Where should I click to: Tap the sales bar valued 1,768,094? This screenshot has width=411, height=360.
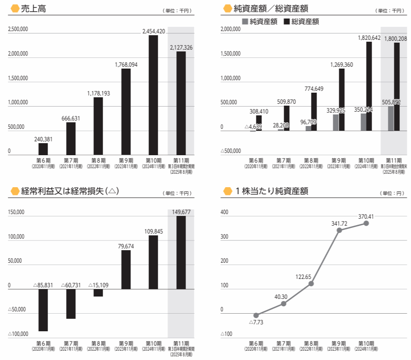point(126,112)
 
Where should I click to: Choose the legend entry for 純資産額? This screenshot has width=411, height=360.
point(259,21)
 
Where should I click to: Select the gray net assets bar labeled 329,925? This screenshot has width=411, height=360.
point(336,122)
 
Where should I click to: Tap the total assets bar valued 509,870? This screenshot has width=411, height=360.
point(286,118)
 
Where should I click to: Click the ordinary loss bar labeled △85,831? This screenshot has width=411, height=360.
point(43,310)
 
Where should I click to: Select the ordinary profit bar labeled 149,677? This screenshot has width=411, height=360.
point(181,253)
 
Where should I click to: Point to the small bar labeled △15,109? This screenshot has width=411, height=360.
point(98,293)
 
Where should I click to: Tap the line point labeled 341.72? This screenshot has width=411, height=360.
point(339,230)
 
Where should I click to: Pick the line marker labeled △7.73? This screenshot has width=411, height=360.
point(256,315)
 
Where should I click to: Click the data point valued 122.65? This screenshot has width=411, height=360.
point(311,284)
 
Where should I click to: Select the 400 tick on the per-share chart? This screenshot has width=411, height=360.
point(224,213)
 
